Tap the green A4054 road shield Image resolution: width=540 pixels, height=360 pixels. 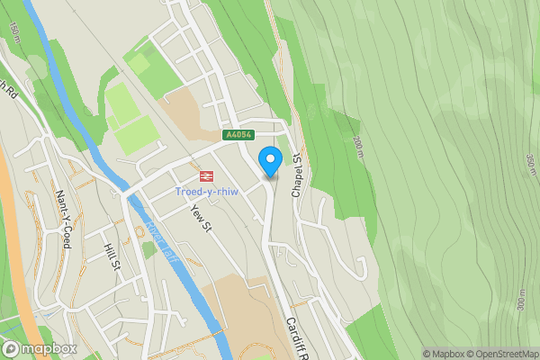(238, 135)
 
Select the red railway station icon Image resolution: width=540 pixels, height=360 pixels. (205, 176)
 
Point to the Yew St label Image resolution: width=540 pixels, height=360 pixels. (200, 217)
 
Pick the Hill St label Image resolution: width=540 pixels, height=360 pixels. (112, 258)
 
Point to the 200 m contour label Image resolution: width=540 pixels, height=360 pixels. (356, 143)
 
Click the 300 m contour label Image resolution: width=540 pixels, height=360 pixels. (521, 302)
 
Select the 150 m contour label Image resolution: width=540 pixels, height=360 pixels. (13, 32)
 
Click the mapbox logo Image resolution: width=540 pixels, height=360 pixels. (40, 348)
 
